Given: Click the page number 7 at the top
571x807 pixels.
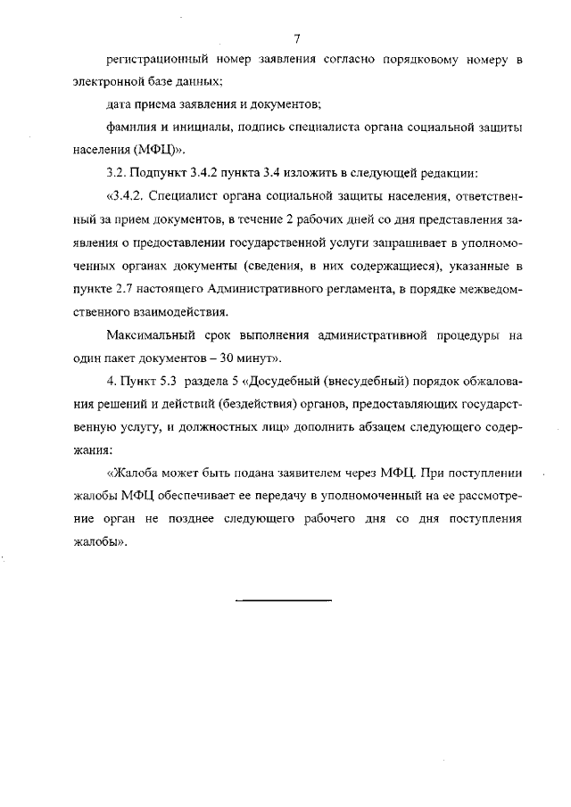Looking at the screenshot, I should pos(296,37).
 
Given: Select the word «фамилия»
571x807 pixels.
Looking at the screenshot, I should pos(128,127).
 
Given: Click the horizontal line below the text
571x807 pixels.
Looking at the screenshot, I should pos(284,599).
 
